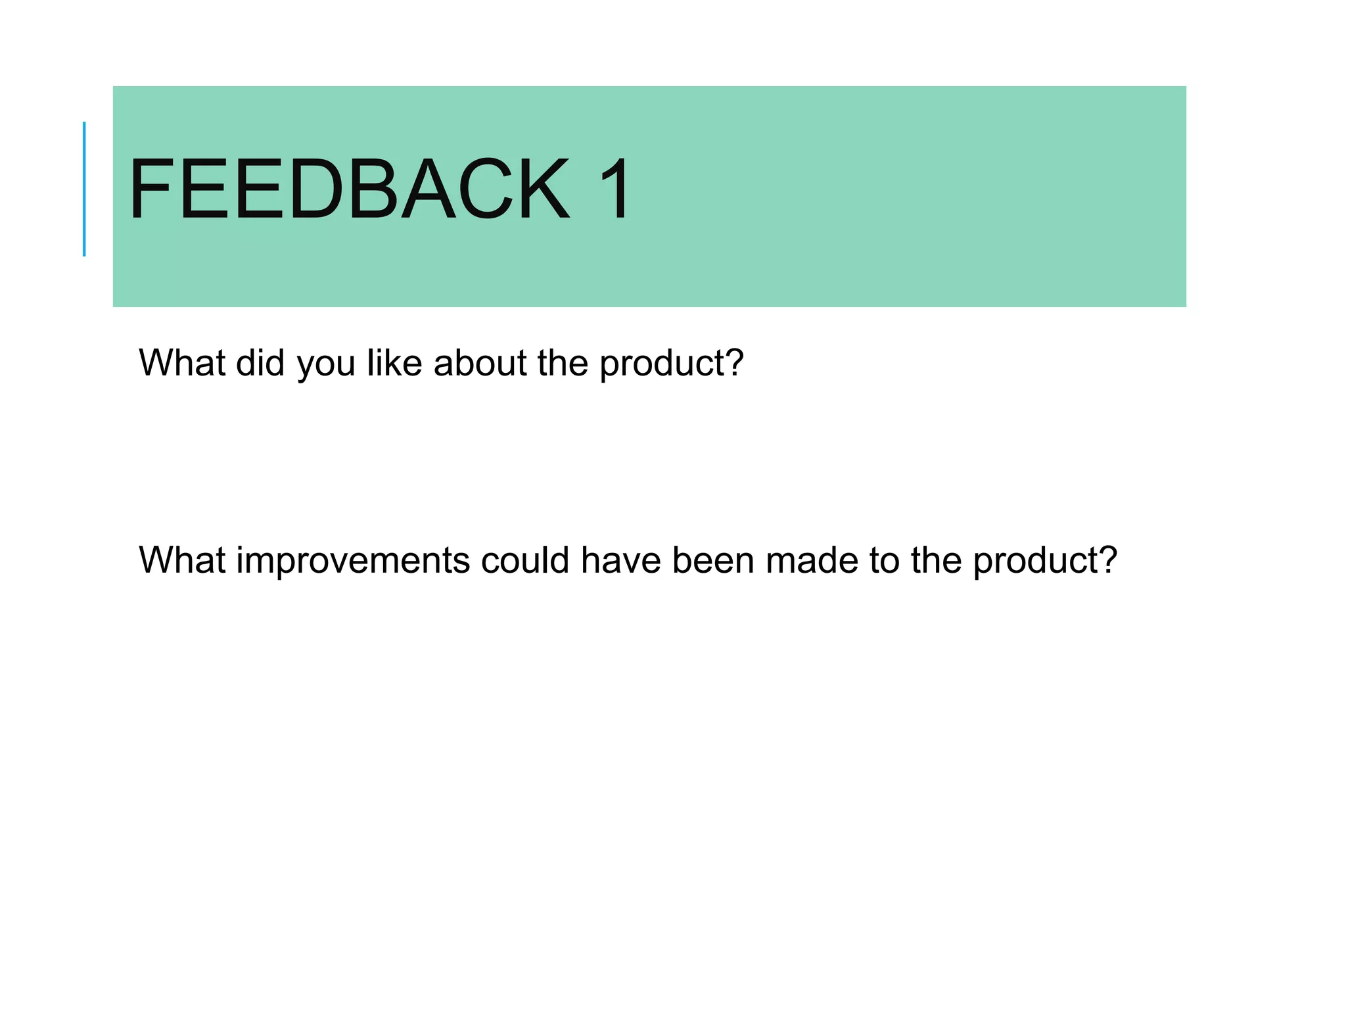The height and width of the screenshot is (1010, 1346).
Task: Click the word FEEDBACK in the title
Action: (x=349, y=189)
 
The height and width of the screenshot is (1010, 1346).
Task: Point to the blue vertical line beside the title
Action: (x=84, y=189)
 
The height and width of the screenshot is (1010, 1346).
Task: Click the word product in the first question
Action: (x=664, y=364)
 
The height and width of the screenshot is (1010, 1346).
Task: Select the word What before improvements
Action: (x=182, y=560)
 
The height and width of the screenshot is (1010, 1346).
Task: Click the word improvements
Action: (x=353, y=562)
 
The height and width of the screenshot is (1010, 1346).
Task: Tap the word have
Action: (x=620, y=560)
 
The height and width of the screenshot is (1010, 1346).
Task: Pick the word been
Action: (x=713, y=560)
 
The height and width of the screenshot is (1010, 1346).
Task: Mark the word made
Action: (x=812, y=560)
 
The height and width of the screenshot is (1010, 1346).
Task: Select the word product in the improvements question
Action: (x=1037, y=562)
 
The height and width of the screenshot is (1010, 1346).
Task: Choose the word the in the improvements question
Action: (x=937, y=560)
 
